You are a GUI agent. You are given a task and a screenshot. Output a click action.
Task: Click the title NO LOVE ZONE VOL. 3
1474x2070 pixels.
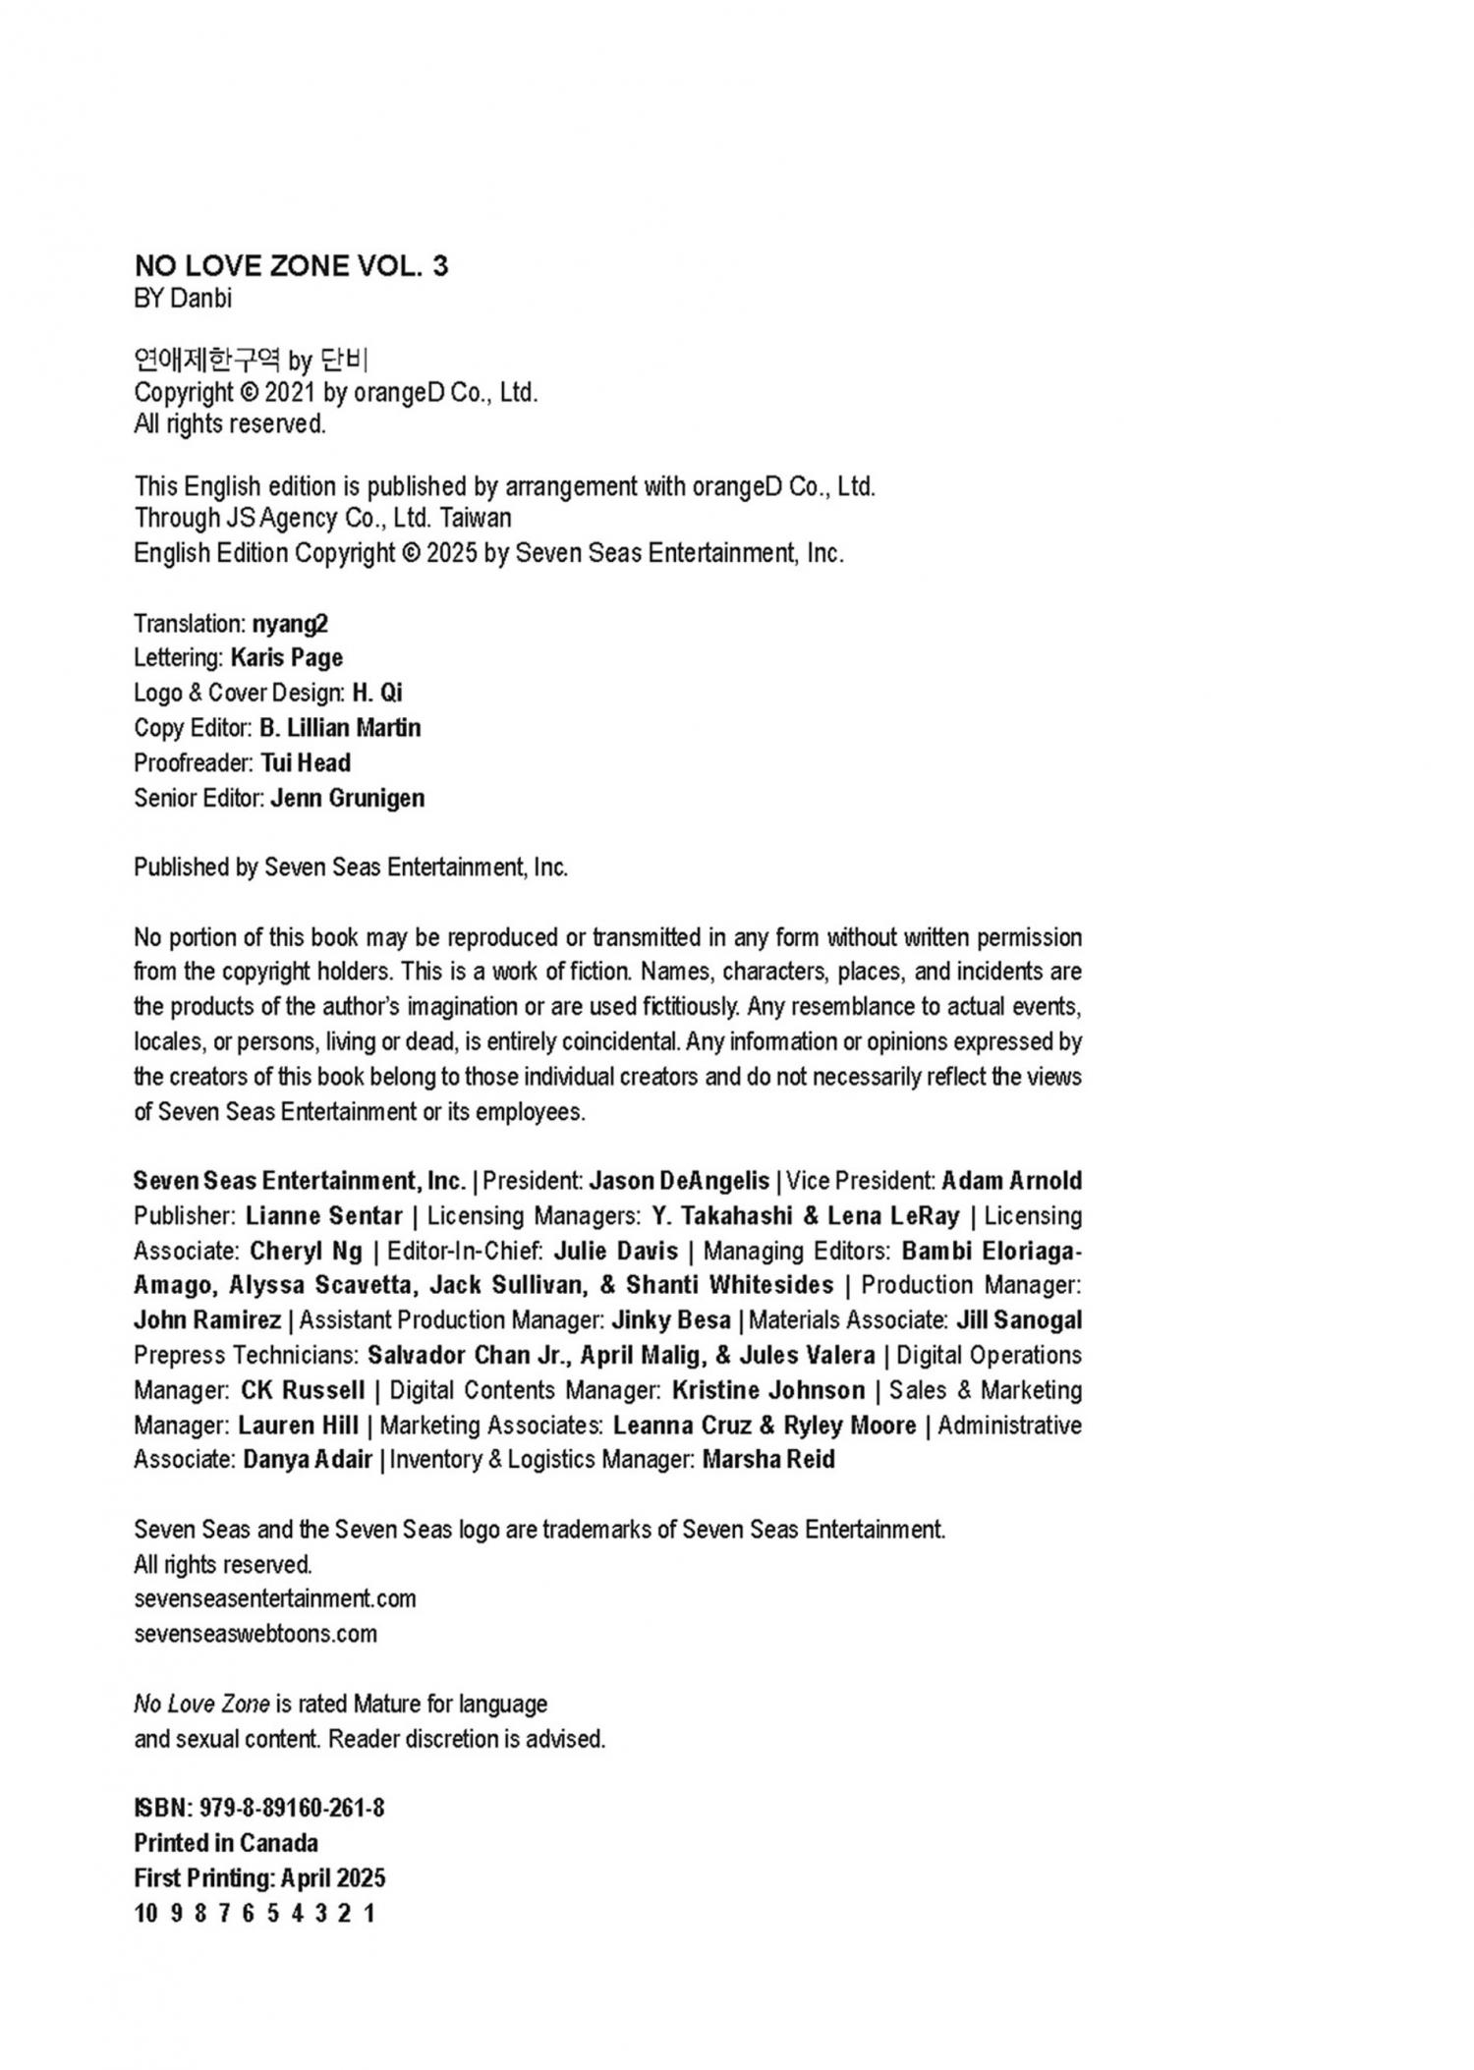(291, 265)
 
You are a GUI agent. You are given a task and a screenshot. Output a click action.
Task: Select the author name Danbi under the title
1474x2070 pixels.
(200, 299)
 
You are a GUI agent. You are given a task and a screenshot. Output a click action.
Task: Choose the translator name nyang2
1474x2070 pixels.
(290, 624)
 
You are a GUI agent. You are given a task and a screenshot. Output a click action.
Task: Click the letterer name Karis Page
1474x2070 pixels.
(287, 658)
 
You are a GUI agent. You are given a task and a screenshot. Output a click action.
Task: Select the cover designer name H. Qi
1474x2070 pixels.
(377, 694)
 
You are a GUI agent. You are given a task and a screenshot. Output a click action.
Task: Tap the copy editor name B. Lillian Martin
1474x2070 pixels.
(340, 728)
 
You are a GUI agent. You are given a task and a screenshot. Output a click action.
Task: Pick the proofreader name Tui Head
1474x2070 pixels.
(306, 763)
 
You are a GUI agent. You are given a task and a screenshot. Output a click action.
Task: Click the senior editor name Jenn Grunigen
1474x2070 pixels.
(348, 798)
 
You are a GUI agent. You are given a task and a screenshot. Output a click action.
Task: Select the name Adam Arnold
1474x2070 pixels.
(1011, 1181)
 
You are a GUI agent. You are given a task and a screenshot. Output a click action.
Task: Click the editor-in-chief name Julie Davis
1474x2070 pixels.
(616, 1251)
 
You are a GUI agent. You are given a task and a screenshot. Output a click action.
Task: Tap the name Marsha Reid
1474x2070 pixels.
(768, 1460)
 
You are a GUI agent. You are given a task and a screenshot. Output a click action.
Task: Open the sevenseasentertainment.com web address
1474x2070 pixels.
(275, 1598)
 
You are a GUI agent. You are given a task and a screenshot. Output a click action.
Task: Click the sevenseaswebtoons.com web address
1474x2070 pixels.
(255, 1634)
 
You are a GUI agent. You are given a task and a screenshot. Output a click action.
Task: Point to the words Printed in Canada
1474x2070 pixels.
(226, 1843)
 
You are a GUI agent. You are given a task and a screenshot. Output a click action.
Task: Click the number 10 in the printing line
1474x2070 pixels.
(145, 1913)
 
